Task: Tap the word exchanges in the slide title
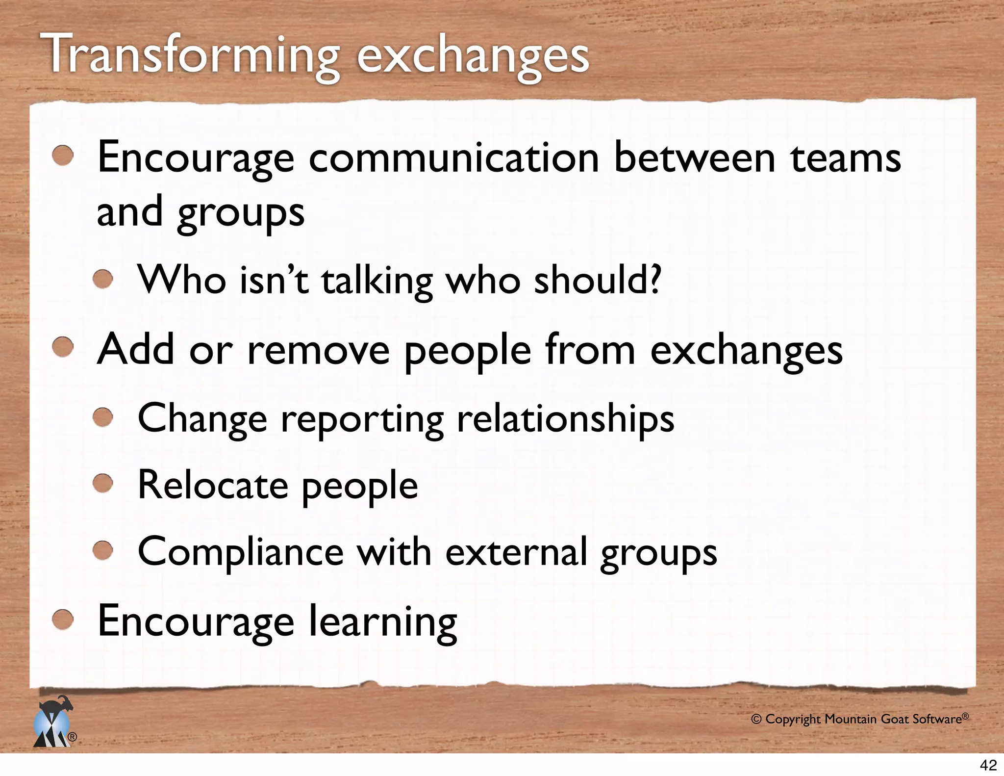[473, 57]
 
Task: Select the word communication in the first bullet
[454, 158]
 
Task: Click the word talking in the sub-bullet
[377, 281]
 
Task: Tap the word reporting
[362, 419]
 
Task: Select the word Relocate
[213, 485]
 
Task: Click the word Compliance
[241, 552]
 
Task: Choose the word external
[516, 552]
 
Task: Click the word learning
[382, 622]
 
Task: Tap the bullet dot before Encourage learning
[63, 620]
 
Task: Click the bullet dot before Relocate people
[103, 484]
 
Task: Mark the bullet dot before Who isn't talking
[103, 279]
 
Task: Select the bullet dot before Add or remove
[63, 348]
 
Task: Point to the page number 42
[988, 765]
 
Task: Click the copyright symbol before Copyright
[756, 720]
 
